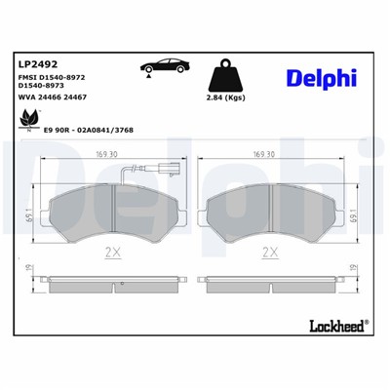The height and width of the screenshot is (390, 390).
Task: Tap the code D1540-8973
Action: [45, 88]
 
